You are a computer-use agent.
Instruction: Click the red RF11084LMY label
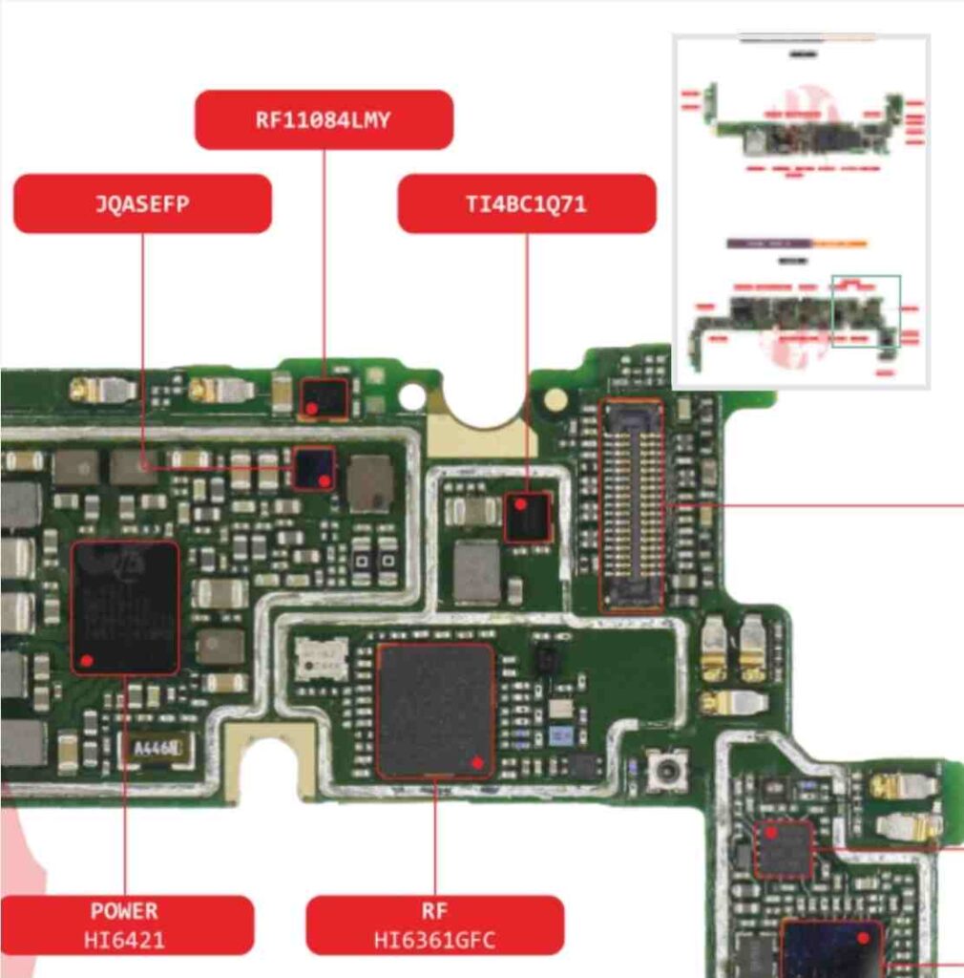324,119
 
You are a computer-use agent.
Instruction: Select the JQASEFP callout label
142,203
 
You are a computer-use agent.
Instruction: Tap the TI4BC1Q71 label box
526,203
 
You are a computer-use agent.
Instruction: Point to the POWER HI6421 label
125,925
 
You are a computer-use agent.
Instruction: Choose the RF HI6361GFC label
434,925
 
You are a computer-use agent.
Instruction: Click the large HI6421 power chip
125,607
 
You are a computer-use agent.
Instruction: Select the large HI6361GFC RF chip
435,709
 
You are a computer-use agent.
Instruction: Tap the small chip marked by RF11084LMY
324,397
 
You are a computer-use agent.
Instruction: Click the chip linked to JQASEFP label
314,468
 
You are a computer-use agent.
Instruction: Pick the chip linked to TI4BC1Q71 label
527,517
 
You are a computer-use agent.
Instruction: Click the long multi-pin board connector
631,505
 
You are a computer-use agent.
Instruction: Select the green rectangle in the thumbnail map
866,310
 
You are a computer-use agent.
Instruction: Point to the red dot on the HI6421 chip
87,659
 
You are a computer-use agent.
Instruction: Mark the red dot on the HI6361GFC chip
477,761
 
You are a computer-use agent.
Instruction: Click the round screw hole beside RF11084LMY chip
411,394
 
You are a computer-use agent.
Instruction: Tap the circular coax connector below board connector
667,769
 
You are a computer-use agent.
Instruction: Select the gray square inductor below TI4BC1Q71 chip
476,572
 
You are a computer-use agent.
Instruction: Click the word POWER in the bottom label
125,910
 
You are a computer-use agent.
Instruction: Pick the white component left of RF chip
321,658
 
